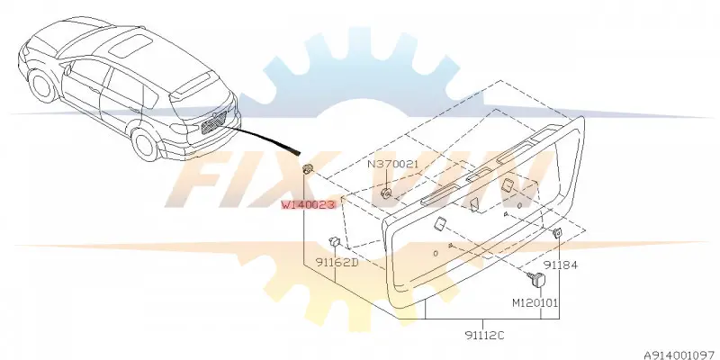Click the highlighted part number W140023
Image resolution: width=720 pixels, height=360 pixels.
coord(309,205)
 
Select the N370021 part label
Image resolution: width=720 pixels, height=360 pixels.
coord(393,164)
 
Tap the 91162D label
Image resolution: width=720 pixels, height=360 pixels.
coord(337,263)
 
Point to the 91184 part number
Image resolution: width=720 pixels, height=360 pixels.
coord(561,265)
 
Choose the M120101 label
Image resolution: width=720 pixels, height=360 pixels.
coord(535,302)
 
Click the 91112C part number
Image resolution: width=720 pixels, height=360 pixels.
coord(483,336)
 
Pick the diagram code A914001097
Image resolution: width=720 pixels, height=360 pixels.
coord(681,355)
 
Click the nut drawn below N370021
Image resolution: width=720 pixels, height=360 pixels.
coord(386,193)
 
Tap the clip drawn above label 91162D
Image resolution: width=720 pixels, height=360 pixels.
coord(334,240)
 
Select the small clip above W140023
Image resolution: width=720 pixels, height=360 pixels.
coord(308,168)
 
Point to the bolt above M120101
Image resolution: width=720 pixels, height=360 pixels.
coord(536,278)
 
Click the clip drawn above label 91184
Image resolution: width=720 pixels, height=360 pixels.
coord(557,233)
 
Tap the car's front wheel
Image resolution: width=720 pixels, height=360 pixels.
coord(42,85)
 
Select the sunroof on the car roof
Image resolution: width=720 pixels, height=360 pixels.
coord(130,46)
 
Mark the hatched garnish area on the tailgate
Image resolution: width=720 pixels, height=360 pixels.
coord(214,122)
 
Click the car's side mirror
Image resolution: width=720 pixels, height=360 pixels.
coord(68,70)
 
